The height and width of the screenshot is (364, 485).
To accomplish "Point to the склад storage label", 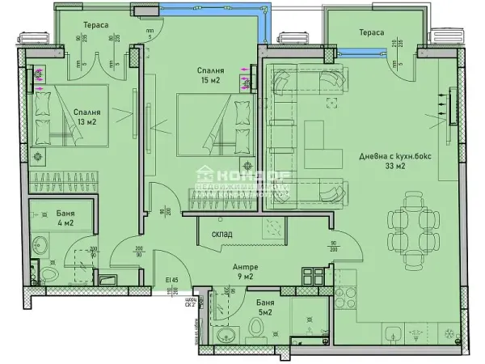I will point(222,235).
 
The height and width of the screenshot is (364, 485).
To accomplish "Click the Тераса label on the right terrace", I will point(372,32).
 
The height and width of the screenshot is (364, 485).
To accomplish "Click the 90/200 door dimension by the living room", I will point(331,248).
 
